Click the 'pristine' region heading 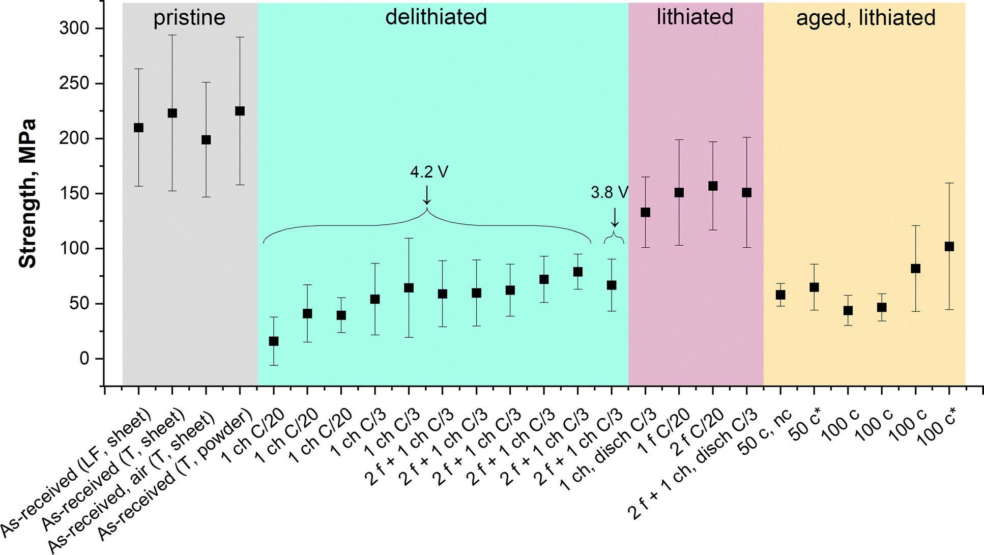[189, 18]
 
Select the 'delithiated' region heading [436, 17]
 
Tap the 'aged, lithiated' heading [865, 18]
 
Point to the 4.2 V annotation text [429, 172]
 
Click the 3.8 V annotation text [610, 192]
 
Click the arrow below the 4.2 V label [427, 195]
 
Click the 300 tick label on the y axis [74, 28]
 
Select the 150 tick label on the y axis [74, 194]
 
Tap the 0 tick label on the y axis [84, 359]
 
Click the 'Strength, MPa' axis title [27, 193]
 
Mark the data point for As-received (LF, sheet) [138, 128]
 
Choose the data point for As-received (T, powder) [240, 111]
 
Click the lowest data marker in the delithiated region [274, 341]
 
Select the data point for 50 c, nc [780, 295]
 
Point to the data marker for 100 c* [949, 247]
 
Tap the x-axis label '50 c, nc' [765, 432]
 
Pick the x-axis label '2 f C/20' [698, 432]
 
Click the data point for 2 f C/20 [713, 186]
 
